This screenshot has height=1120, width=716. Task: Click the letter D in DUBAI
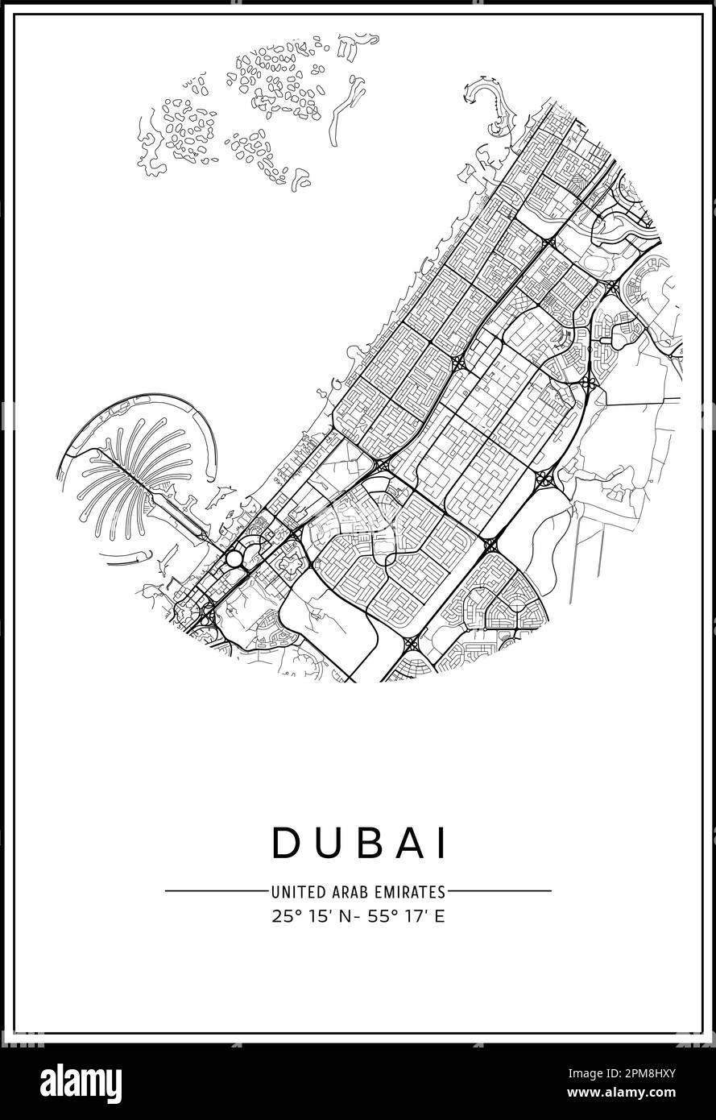[286, 842]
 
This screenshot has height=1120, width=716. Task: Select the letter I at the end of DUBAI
[441, 842]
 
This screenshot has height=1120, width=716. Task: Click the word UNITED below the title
[296, 892]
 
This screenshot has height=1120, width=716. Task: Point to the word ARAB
[344, 892]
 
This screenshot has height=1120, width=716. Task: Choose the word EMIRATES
[407, 892]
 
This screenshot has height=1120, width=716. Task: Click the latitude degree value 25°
[286, 916]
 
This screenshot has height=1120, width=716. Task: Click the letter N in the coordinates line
[343, 916]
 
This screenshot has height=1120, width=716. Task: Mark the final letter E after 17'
[439, 916]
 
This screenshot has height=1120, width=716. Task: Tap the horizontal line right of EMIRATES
[500, 891]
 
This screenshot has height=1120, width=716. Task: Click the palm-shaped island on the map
[137, 475]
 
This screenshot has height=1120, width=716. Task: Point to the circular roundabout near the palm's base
[234, 558]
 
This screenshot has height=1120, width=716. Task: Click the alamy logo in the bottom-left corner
[74, 1081]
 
